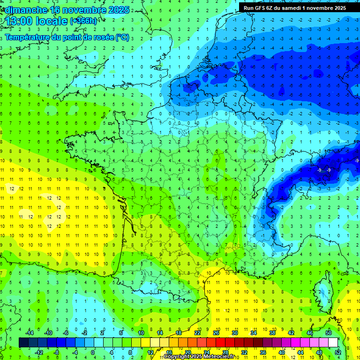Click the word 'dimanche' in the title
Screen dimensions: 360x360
(x=26, y=10)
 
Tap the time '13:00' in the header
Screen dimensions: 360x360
(x=22, y=21)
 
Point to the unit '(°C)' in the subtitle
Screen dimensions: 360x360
(x=122, y=37)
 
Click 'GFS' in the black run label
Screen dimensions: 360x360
(x=263, y=8)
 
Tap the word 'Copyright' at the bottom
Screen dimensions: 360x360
(x=177, y=357)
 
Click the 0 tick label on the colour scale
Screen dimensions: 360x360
(x=92, y=352)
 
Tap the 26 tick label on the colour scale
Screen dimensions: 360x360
(x=216, y=333)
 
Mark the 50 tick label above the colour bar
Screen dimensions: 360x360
(x=328, y=333)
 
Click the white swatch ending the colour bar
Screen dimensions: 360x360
(x=332, y=343)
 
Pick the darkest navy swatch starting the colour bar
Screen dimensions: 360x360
(x=23, y=343)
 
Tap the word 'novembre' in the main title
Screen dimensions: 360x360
(x=87, y=10)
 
